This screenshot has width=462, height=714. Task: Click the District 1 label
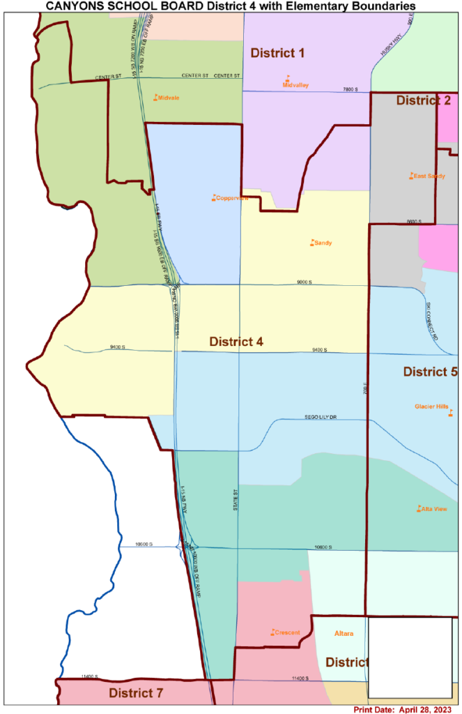point(277,53)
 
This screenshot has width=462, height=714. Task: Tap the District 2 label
point(423,100)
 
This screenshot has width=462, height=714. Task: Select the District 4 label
point(236,342)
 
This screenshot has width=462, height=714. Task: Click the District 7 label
point(136,693)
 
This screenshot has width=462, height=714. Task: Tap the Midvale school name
point(169,98)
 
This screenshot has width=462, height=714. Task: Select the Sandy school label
point(323,243)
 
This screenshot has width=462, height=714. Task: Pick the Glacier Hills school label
point(432,407)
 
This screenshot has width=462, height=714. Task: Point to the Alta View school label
point(434,510)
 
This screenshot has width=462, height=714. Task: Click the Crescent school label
point(287,633)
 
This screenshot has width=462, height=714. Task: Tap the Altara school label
point(344,634)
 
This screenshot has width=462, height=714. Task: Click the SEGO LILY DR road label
point(321,417)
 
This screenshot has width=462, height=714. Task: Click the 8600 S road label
point(415,221)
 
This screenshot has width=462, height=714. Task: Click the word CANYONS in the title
point(76,6)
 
